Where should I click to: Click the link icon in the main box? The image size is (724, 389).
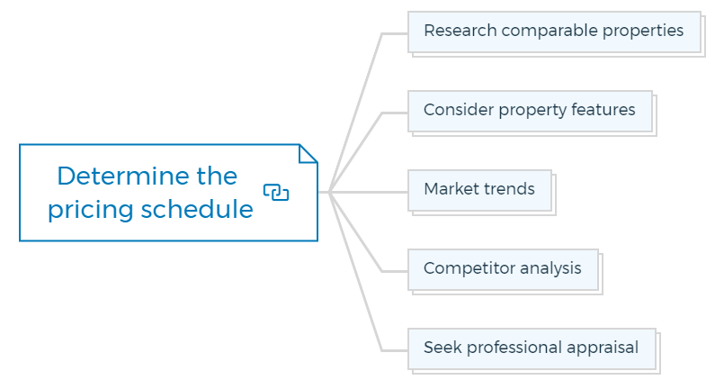click(276, 192)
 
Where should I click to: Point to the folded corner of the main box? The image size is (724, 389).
click(308, 154)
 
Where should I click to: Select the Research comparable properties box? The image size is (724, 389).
click(555, 32)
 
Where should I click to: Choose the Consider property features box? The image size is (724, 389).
click(530, 112)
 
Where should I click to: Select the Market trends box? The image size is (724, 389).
click(479, 191)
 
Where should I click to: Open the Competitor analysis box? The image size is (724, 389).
click(503, 270)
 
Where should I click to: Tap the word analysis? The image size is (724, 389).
click(549, 268)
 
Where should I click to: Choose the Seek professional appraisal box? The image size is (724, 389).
click(532, 349)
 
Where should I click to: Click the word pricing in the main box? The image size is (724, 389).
click(92, 210)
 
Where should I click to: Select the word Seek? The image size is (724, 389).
click(443, 348)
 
